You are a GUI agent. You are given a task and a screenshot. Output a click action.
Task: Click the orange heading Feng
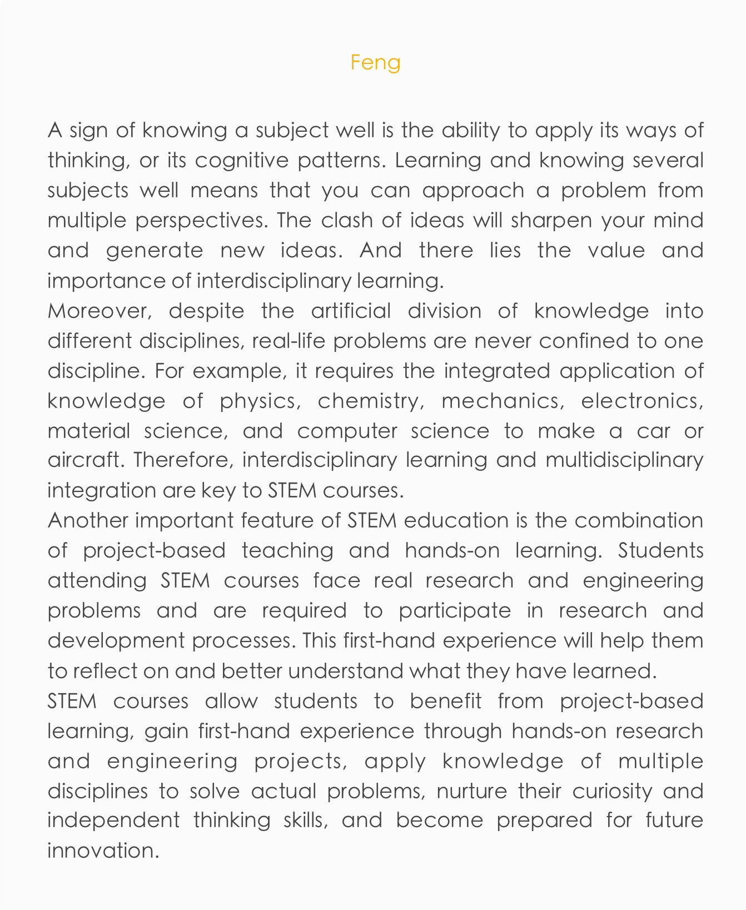click(x=375, y=62)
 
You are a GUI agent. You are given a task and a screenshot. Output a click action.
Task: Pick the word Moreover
click(x=100, y=311)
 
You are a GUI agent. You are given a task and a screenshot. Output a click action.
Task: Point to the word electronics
click(x=642, y=401)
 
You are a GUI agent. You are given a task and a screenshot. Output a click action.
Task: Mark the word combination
click(x=639, y=521)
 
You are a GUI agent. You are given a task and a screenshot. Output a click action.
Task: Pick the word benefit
click(x=445, y=701)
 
